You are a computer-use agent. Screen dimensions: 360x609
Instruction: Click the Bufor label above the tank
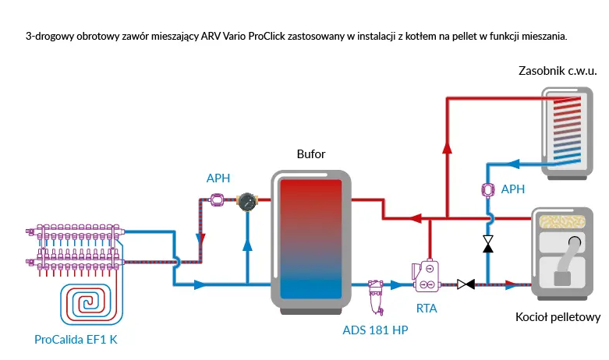[310, 154]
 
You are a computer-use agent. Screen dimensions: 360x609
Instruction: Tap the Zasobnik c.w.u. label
[558, 71]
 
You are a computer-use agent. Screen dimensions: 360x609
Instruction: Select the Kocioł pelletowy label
[558, 318]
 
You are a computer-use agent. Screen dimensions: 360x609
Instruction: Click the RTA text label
[427, 309]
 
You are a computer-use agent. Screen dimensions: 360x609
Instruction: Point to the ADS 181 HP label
[375, 330]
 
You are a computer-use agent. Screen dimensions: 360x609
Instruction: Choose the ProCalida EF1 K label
[76, 340]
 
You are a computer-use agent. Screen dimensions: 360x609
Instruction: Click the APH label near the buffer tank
[218, 178]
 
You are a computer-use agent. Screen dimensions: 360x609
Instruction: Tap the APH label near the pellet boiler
[512, 189]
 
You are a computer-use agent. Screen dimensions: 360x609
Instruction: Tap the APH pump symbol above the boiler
[488, 189]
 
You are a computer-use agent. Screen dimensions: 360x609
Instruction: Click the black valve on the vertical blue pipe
[488, 244]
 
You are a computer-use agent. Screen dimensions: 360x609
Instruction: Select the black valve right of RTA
[466, 284]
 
